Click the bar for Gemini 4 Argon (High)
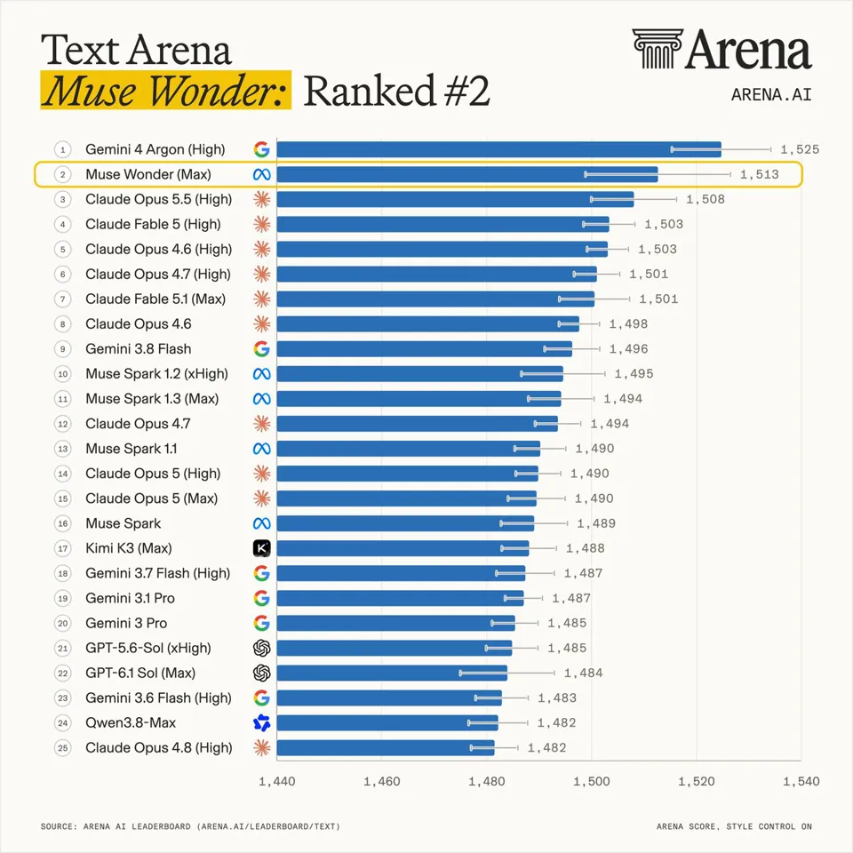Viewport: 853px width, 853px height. [498, 149]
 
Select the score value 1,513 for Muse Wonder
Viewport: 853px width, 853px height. [759, 175]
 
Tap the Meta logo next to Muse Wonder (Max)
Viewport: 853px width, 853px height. [261, 175]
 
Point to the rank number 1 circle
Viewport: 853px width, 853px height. [62, 149]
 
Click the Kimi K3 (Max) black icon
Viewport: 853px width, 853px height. [261, 548]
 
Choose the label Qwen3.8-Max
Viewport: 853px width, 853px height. [131, 723]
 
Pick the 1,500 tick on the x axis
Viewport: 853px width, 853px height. [592, 782]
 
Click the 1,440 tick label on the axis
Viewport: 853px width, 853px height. [277, 782]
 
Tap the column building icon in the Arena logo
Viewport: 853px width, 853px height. [658, 49]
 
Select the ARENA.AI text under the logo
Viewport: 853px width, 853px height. [771, 95]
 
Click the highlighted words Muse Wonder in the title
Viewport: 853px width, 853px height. [165, 91]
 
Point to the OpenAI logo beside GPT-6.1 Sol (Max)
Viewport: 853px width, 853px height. [261, 673]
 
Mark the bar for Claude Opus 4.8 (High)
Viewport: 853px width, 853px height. [386, 748]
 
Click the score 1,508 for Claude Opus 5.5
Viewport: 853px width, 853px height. [705, 199]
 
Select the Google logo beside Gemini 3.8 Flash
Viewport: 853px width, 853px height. [261, 348]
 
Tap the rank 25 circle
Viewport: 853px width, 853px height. [62, 748]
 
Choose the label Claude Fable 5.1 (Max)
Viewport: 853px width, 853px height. [155, 299]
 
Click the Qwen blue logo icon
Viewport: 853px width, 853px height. [261, 723]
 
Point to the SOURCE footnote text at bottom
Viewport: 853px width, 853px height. [190, 826]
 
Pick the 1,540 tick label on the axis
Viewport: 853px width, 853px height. [801, 782]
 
